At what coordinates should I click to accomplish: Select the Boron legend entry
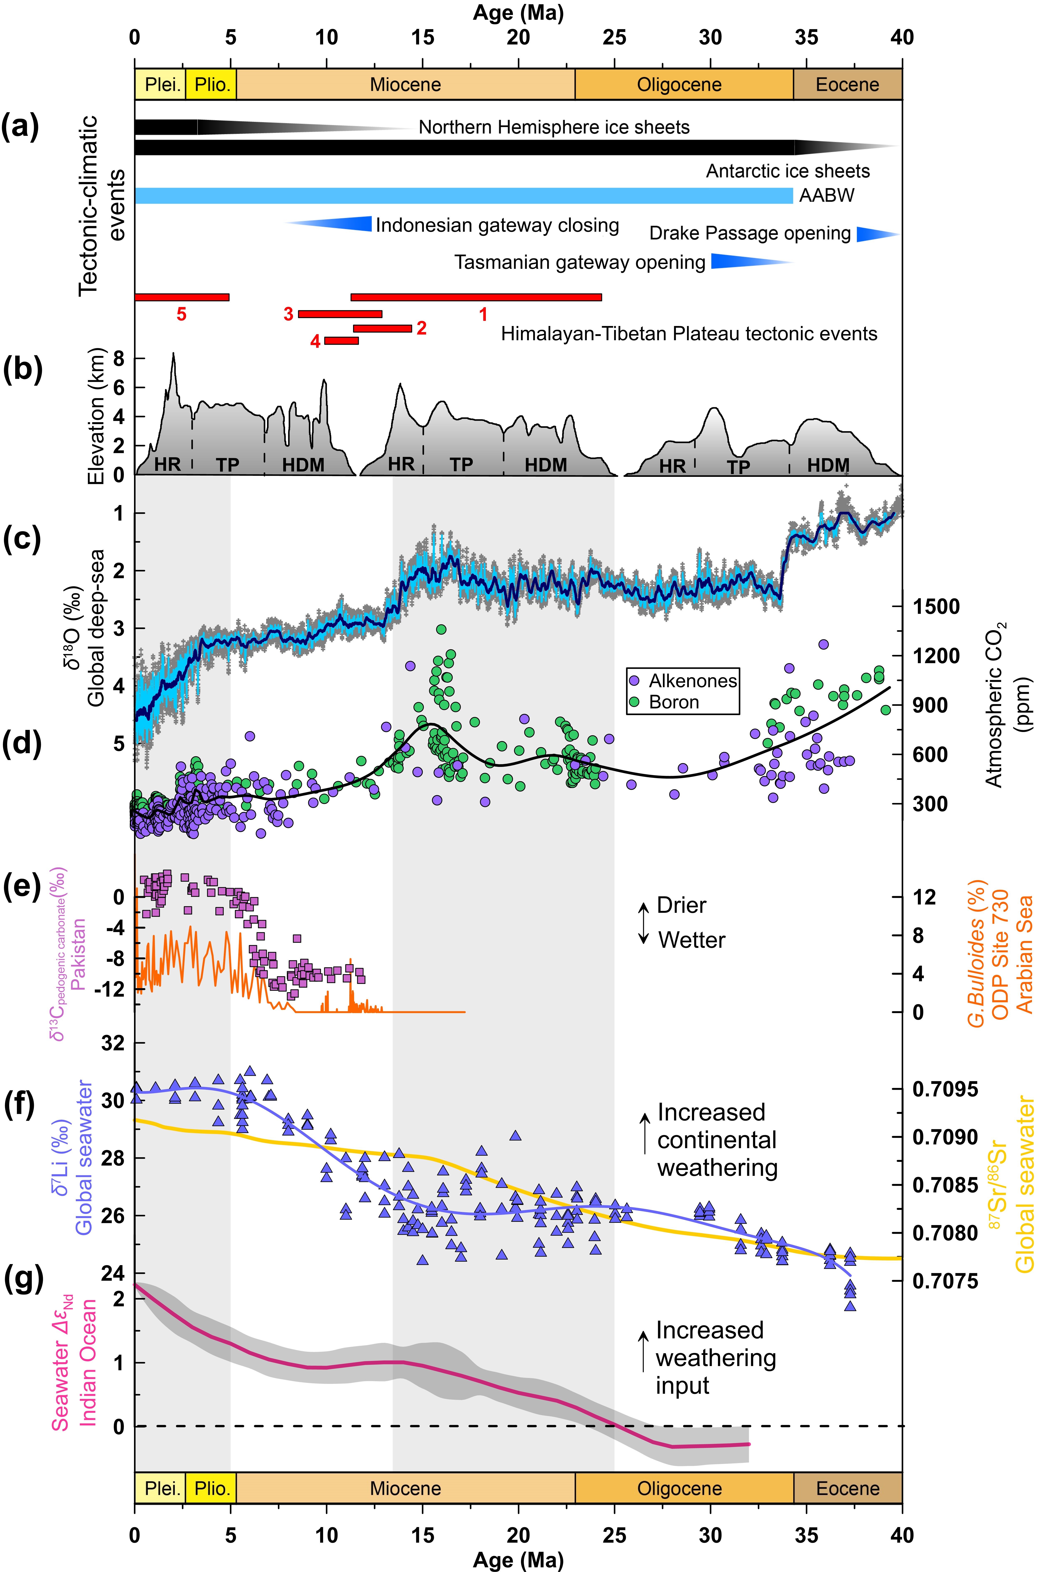click(x=665, y=702)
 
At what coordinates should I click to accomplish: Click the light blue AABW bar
click(x=464, y=196)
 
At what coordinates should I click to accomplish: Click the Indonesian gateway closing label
click(x=497, y=225)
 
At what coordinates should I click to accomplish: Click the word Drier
click(x=681, y=905)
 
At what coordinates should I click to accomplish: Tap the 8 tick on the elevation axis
click(x=119, y=358)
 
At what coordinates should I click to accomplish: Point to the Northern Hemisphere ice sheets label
click(x=554, y=127)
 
